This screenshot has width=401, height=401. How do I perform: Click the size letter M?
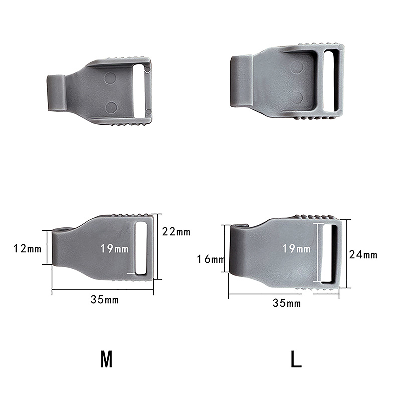(106, 359)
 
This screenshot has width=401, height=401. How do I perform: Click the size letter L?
(296, 359)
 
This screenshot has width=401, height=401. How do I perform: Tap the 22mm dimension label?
(176, 232)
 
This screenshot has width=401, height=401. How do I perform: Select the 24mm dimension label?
(363, 255)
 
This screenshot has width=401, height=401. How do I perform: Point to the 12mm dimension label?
(27, 248)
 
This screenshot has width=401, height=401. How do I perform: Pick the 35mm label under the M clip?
(105, 299)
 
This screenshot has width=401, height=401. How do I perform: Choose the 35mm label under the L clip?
(287, 303)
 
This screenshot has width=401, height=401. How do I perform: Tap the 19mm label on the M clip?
(114, 248)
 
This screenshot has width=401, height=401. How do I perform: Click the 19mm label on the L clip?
(296, 248)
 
